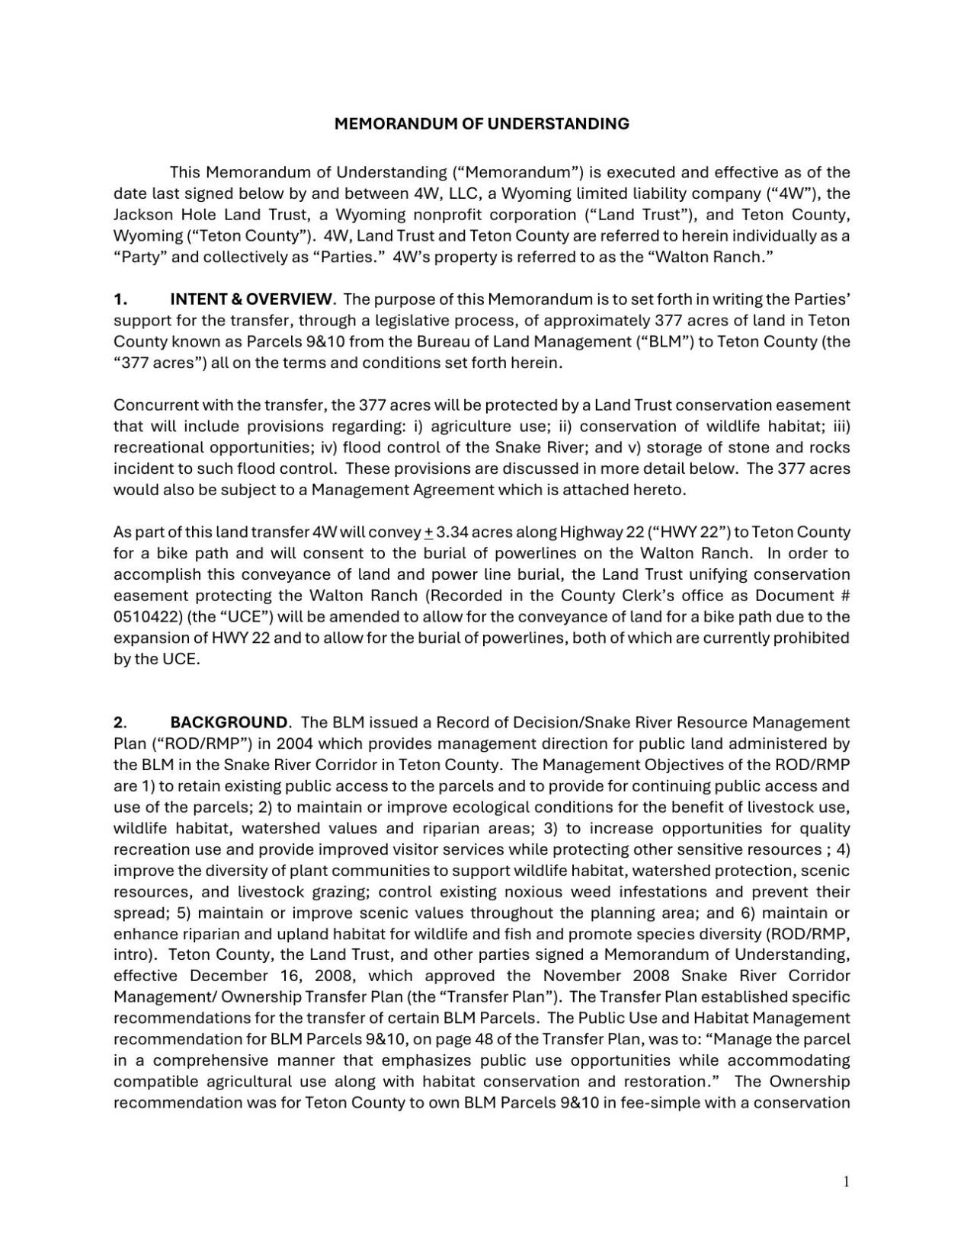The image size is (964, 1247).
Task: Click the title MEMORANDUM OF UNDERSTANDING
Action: [482, 123]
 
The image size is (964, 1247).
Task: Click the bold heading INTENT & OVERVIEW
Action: [251, 299]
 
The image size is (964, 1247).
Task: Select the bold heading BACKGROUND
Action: [229, 722]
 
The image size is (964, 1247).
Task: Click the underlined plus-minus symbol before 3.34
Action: [428, 532]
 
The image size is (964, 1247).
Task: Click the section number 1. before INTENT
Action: [120, 299]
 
